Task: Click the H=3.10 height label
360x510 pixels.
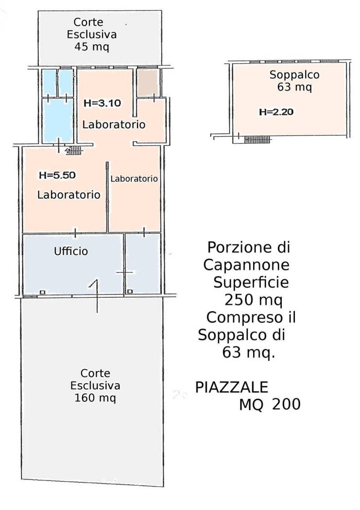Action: click(x=102, y=103)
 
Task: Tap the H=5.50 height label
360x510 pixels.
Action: click(x=57, y=175)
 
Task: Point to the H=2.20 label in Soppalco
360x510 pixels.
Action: click(x=276, y=112)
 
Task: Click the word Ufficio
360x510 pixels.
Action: click(x=71, y=251)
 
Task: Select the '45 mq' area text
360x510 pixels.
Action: click(x=92, y=47)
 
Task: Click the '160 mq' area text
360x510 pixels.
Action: click(x=95, y=397)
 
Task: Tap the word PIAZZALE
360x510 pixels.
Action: click(x=232, y=388)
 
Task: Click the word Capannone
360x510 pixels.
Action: click(x=246, y=265)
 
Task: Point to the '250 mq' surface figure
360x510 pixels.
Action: click(x=253, y=300)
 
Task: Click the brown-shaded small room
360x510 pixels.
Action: click(x=148, y=83)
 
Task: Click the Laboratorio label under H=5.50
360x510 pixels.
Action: click(x=69, y=194)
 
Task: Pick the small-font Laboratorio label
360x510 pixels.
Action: click(x=134, y=179)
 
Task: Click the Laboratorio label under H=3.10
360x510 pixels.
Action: click(x=114, y=124)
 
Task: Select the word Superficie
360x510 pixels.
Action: click(x=251, y=282)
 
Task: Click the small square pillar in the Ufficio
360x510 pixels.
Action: click(x=42, y=292)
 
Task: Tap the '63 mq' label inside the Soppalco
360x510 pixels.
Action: click(x=294, y=87)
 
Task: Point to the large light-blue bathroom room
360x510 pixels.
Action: click(x=58, y=119)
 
